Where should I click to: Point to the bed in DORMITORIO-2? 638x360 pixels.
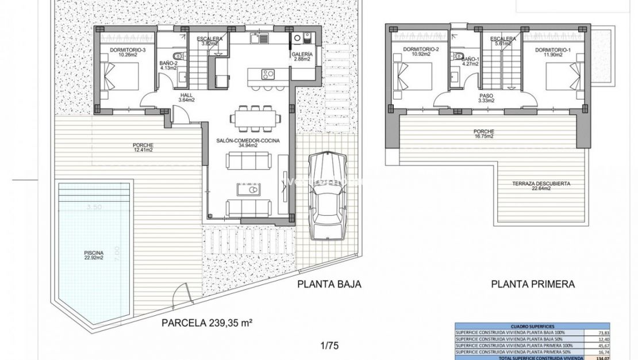(x=413, y=77)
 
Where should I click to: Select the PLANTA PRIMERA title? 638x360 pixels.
(x=533, y=284)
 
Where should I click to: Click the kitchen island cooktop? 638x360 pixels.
(x=268, y=74)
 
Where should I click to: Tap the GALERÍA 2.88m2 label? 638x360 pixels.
(x=302, y=56)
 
